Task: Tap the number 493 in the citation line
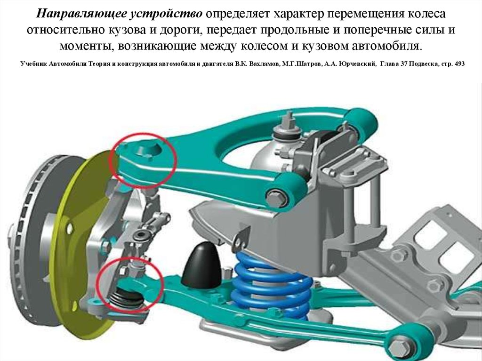(459, 64)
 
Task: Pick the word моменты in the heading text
(87, 46)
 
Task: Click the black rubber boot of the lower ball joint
(127, 297)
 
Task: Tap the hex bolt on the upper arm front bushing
(274, 198)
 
